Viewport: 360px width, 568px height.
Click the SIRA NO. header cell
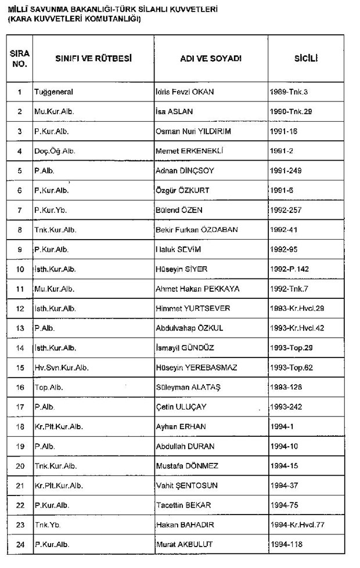tap(20, 59)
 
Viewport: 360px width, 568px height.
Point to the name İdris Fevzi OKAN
tap(189, 92)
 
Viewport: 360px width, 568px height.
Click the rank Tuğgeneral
tap(53, 92)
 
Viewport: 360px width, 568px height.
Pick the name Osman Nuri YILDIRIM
tap(193, 131)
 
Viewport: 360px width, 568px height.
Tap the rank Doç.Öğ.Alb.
tap(55, 151)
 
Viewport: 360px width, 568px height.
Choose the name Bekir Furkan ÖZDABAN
tap(196, 230)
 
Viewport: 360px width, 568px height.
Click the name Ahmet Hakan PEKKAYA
tap(197, 289)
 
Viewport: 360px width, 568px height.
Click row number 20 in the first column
tap(20, 466)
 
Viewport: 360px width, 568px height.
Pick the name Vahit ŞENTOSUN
tap(187, 485)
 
